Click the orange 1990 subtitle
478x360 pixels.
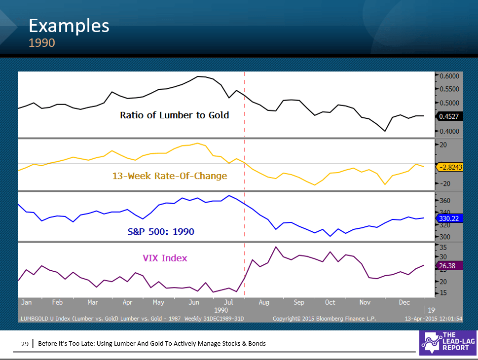coord(41,43)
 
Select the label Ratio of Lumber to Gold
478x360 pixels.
coord(175,115)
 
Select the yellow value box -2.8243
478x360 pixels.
coord(449,167)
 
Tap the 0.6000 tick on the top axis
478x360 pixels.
coord(449,76)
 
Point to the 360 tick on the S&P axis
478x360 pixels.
coord(444,201)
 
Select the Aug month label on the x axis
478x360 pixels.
coord(264,302)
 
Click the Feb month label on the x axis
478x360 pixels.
coord(57,302)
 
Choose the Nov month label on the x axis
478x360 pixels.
coord(365,302)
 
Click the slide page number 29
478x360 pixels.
coord(24,343)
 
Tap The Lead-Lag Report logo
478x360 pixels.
coord(447,342)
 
